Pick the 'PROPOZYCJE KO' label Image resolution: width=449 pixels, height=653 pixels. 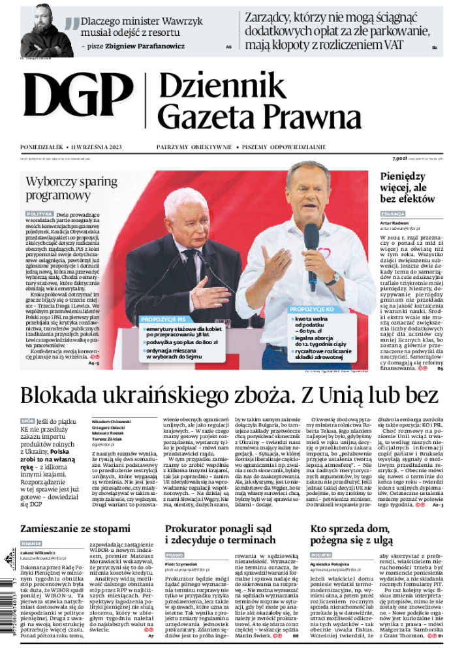pos(312,309)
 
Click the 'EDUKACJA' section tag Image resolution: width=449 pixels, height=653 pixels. pos(394,214)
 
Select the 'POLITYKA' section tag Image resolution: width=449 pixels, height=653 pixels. pos(40,214)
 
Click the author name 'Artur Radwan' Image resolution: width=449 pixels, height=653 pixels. pos(395,223)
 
